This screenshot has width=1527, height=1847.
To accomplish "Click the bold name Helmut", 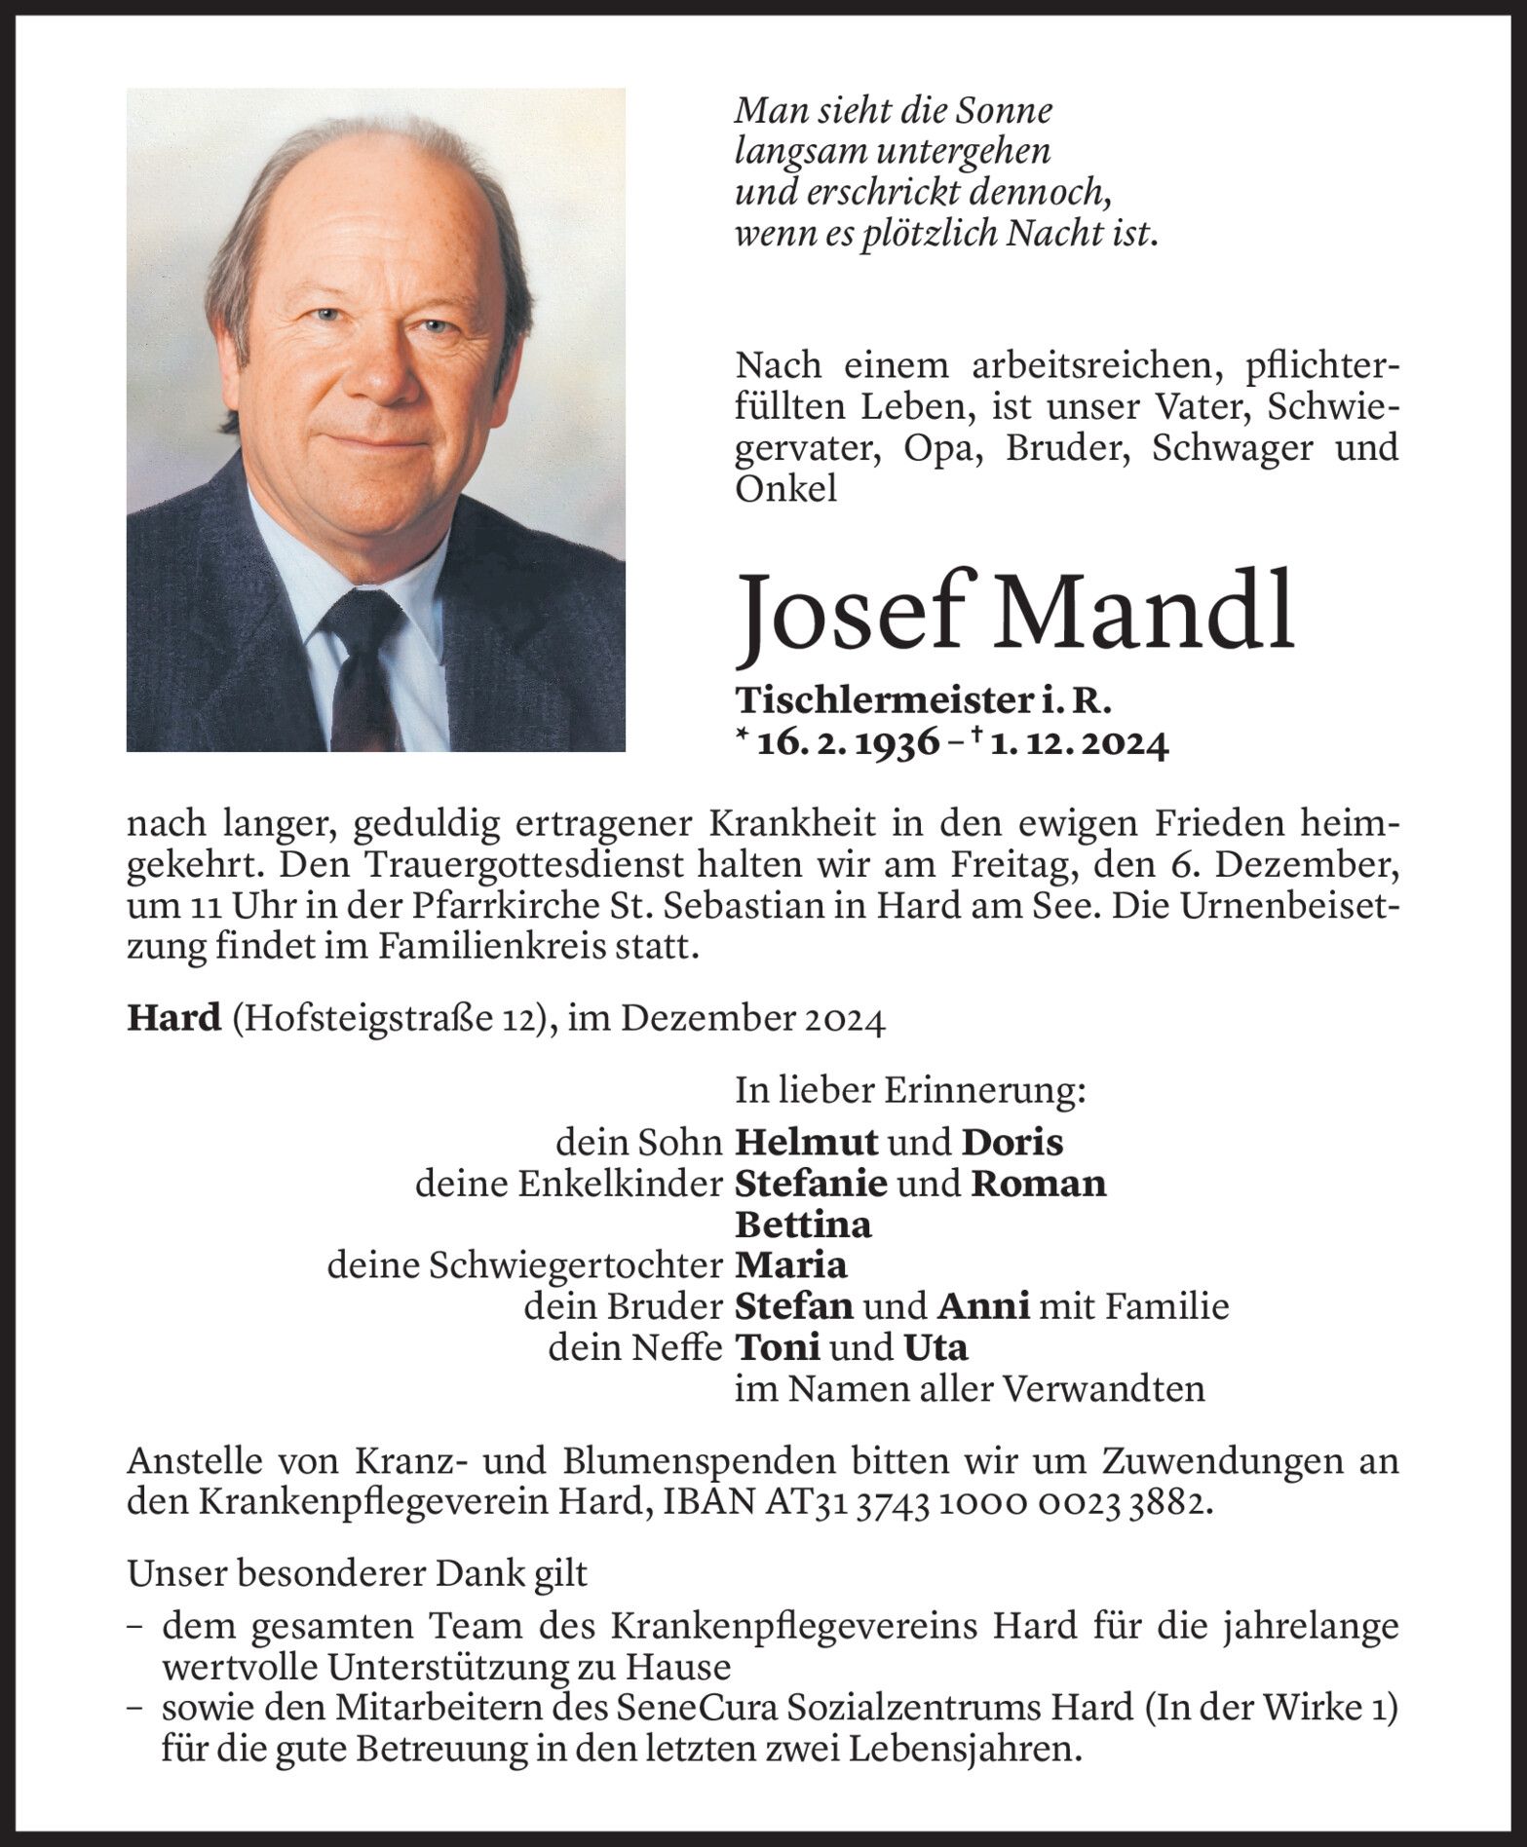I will tap(807, 1141).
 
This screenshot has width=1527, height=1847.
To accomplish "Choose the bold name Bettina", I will tap(803, 1224).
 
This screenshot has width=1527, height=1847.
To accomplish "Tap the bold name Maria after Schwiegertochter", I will tap(790, 1265).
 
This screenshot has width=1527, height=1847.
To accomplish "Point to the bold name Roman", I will tap(1038, 1183).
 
